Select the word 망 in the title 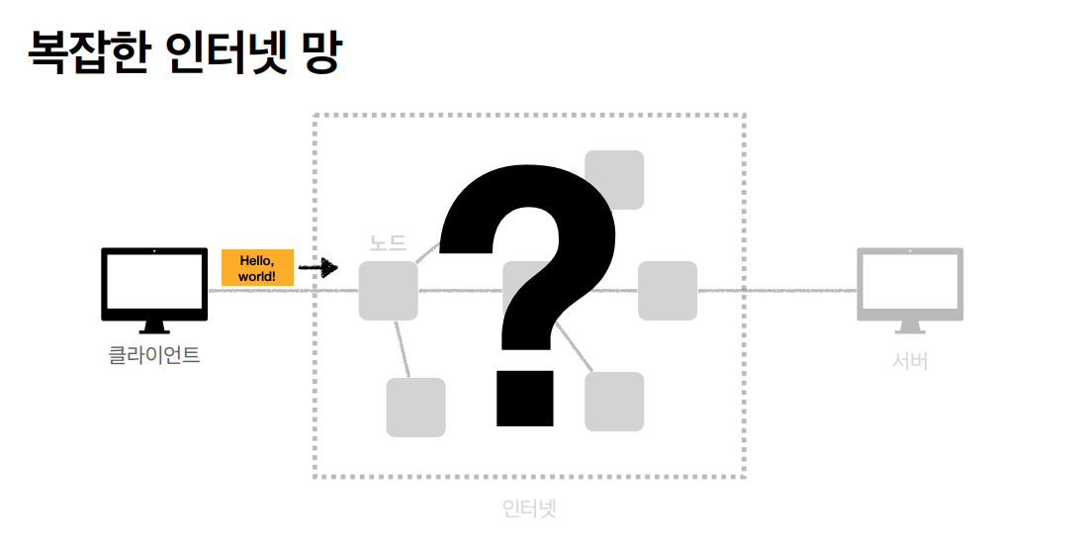(x=315, y=53)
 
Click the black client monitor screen (x=154, y=281)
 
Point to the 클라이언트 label (x=154, y=355)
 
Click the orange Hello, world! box (x=257, y=268)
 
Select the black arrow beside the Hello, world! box (x=317, y=267)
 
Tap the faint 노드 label (x=388, y=243)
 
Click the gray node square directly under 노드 (x=388, y=291)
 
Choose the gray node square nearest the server (x=668, y=291)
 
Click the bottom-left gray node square (x=415, y=407)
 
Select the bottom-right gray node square (x=614, y=402)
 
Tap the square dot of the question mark (x=523, y=399)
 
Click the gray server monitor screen (x=910, y=281)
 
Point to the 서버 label (x=910, y=361)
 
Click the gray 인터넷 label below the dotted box (x=529, y=508)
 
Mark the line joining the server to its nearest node (x=776, y=291)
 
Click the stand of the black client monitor (x=154, y=327)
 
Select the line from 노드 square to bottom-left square (x=402, y=349)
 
